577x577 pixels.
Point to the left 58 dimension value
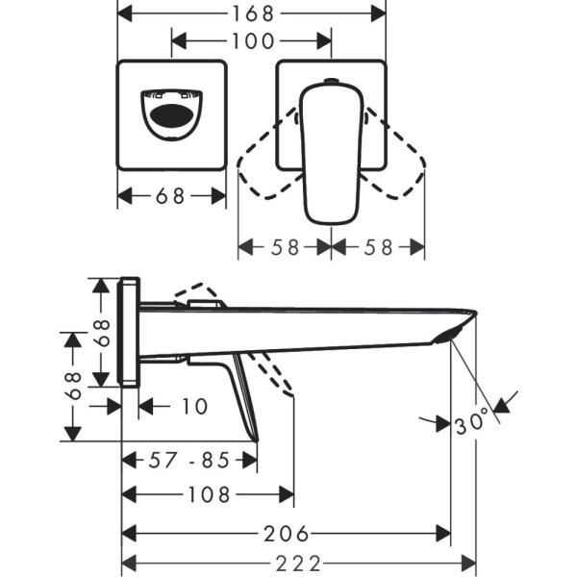[x=285, y=247]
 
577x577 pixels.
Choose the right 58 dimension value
[x=379, y=247]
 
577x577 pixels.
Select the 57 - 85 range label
[x=190, y=461]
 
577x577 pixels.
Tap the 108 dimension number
[x=208, y=495]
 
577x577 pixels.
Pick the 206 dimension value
[x=286, y=532]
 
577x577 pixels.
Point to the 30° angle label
[x=472, y=422]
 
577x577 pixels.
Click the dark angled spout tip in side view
[x=454, y=330]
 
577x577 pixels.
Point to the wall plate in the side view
[x=129, y=333]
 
